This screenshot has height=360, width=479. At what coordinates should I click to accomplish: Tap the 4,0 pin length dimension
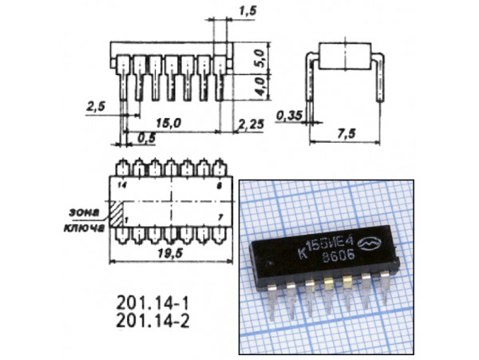259,86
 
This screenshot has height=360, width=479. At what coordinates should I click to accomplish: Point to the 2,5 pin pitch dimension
95,105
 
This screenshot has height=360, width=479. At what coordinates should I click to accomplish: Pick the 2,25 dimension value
251,122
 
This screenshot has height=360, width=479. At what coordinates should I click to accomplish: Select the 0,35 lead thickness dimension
288,116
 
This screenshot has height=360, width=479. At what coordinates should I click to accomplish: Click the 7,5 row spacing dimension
346,134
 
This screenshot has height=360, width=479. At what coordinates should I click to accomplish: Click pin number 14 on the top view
121,184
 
